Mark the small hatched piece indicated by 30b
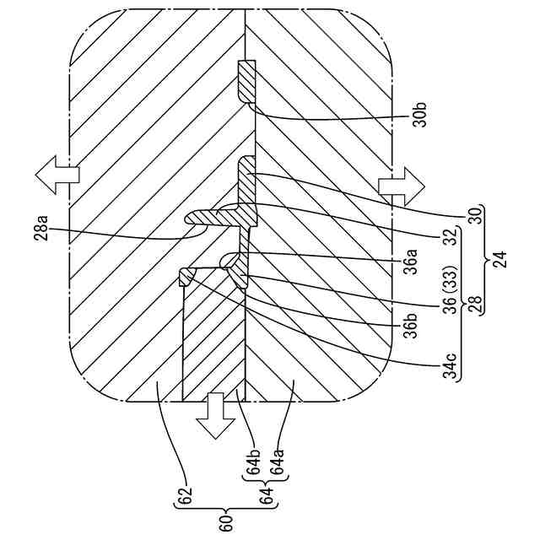(246, 83)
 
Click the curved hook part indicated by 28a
(211, 219)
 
